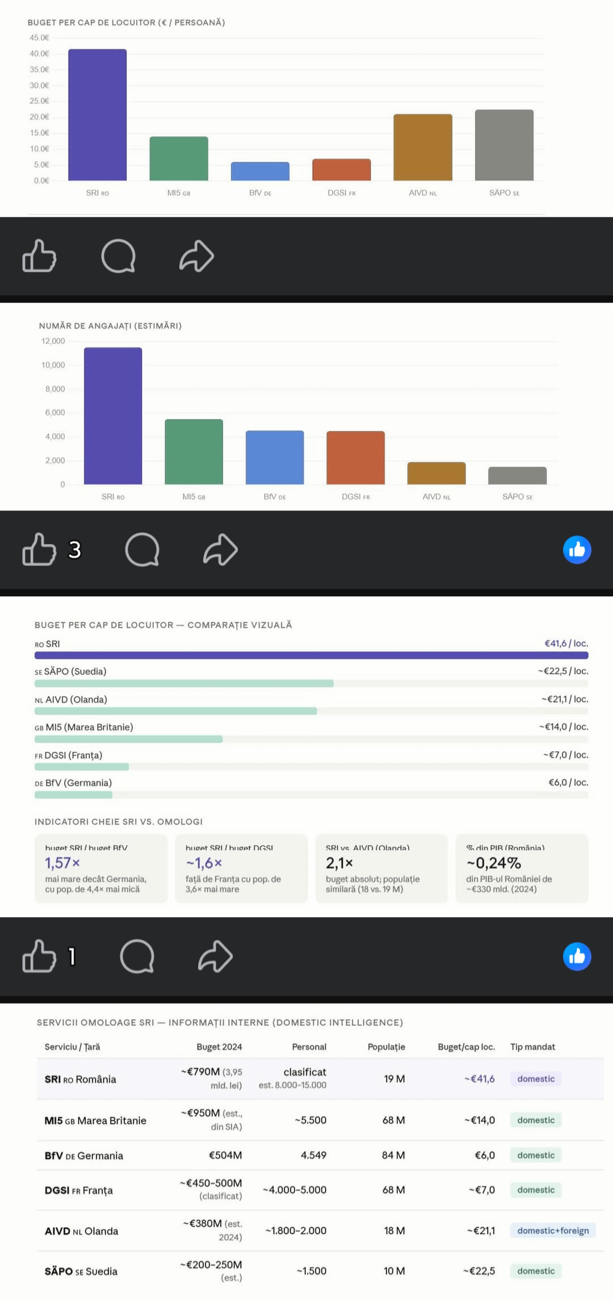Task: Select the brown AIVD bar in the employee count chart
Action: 436,474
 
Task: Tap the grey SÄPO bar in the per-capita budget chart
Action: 504,145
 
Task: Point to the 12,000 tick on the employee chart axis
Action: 53,341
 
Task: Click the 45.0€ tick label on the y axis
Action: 39,38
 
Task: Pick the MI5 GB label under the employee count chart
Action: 194,497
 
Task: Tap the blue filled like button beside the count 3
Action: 577,550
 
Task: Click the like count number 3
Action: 74,550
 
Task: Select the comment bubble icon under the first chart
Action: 119,256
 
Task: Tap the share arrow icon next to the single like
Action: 215,956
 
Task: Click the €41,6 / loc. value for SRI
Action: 566,643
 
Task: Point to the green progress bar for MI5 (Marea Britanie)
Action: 128,739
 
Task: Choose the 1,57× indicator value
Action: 62,863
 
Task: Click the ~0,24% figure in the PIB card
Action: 494,863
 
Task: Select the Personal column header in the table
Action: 309,1047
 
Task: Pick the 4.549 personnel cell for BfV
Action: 313,1155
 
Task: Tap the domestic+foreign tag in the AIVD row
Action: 553,1231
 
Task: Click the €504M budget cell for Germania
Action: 225,1155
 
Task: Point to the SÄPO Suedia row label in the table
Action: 81,1271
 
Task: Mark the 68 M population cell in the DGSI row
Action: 393,1190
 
